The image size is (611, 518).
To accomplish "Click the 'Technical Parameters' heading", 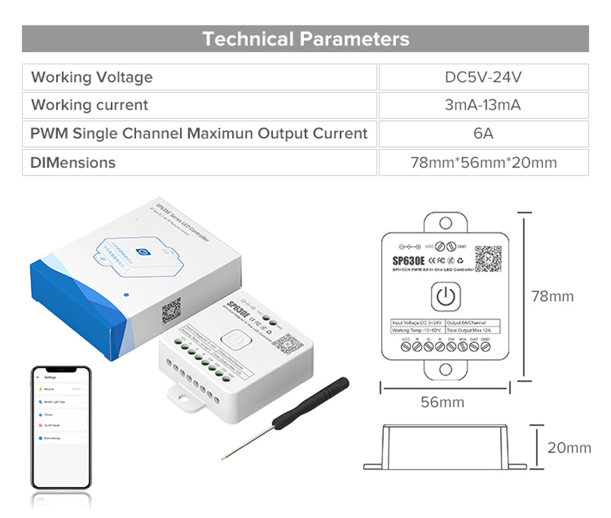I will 305,39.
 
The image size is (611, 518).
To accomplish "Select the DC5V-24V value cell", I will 483,77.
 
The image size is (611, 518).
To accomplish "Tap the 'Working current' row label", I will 90,105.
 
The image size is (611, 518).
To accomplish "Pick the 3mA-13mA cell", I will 483,105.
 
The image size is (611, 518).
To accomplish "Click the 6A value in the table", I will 483,134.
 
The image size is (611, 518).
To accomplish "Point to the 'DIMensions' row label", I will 73,162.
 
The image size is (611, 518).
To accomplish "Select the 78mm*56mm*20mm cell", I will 483,162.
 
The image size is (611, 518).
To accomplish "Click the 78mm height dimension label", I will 552,297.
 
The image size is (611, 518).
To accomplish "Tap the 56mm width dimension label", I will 442,402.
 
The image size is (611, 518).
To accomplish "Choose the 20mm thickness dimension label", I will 569,448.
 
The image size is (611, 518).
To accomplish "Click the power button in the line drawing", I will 445,297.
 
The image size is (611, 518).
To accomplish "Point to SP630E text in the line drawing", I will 409,260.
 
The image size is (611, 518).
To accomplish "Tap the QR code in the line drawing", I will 488,258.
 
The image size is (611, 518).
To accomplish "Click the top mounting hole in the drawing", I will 446,223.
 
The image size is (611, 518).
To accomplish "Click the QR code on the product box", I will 171,310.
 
